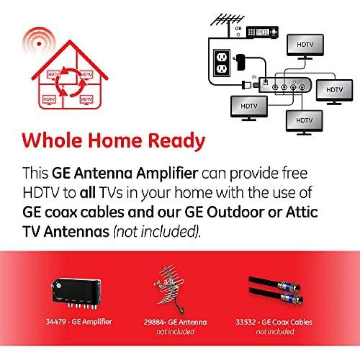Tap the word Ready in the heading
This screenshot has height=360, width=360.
tap(176, 142)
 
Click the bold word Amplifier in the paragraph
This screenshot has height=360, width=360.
tap(167, 174)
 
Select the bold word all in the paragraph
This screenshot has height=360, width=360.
tap(88, 192)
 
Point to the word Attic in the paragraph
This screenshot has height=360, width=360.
tap(302, 212)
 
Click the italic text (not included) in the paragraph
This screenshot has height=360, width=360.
tap(157, 231)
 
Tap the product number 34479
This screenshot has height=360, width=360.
tap(56, 322)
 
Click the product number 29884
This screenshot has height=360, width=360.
tap(154, 322)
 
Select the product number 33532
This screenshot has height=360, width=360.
tap(246, 322)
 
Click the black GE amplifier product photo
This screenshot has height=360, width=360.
tap(76, 293)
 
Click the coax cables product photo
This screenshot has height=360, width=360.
tap(276, 290)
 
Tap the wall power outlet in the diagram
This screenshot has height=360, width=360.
tap(222, 63)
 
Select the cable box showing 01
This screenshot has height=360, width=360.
tap(262, 32)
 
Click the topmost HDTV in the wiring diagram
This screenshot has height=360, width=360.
tap(305, 47)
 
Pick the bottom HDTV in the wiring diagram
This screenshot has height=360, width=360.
tap(304, 122)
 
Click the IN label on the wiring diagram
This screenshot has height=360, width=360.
tap(254, 77)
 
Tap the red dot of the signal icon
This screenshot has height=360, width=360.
tap(39, 44)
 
